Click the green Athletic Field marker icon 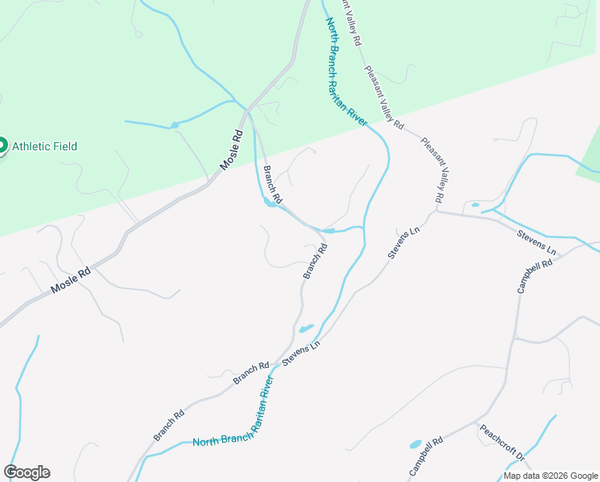pyautogui.click(x=2, y=145)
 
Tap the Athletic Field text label pyautogui.click(x=44, y=146)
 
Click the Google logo pyautogui.click(x=26, y=472)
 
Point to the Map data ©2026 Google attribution pyautogui.click(x=551, y=476)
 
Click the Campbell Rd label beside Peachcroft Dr pyautogui.click(x=427, y=459)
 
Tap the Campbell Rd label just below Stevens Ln pyautogui.click(x=536, y=275)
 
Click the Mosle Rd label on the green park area pyautogui.click(x=231, y=149)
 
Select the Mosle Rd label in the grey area pyautogui.click(x=70, y=278)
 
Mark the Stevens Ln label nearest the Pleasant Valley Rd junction pyautogui.click(x=403, y=242)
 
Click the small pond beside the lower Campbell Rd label pyautogui.click(x=416, y=443)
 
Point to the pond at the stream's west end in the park pyautogui.click(x=174, y=125)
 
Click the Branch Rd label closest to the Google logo pyautogui.click(x=169, y=426)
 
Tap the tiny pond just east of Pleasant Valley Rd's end pyautogui.click(x=476, y=206)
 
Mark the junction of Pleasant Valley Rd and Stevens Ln pyautogui.click(x=437, y=212)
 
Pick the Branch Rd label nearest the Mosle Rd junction pyautogui.click(x=273, y=183)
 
